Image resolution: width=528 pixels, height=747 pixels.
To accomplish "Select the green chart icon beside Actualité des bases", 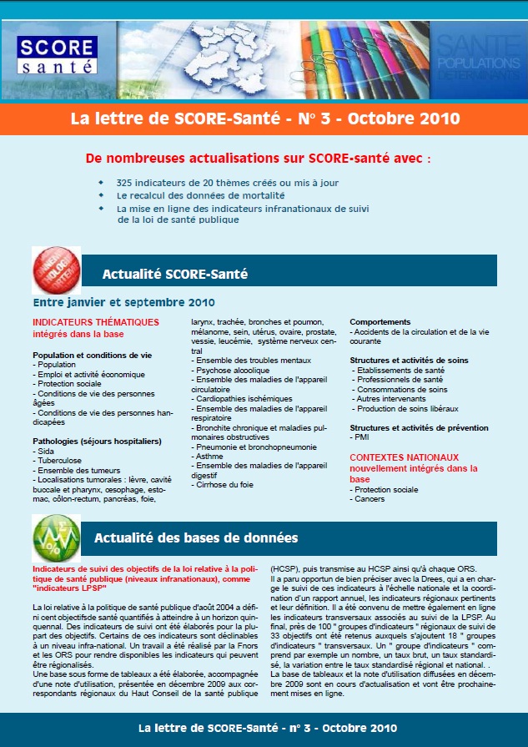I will click(56, 537).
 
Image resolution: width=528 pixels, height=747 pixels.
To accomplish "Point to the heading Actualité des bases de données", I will click(196, 538).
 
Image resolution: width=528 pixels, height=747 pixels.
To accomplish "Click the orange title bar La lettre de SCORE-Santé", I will click(264, 119).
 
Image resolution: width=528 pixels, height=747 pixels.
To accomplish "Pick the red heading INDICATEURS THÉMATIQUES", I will click(96, 322).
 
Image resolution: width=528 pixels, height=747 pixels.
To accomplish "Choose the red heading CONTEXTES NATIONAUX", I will click(404, 457).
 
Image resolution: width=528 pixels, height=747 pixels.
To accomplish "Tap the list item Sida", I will click(47, 451).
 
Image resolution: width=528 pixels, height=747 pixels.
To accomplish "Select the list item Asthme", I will click(209, 456).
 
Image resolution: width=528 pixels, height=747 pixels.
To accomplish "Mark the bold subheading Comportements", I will click(380, 322).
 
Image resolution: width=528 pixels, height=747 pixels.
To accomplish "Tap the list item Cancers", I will click(370, 499).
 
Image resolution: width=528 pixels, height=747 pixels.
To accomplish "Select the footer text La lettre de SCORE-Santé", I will click(264, 727).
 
